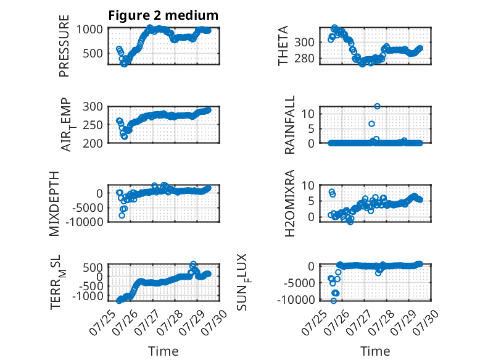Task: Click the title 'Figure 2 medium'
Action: pos(163,15)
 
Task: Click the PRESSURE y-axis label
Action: pos(64,46)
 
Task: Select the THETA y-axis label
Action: pos(283,46)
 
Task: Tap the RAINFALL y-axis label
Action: pos(289,125)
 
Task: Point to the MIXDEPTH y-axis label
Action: pos(54,203)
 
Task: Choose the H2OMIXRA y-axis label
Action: pos(289,203)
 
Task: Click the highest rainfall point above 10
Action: pos(377,106)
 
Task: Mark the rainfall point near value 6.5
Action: pos(371,123)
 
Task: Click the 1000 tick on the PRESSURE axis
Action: pos(89,30)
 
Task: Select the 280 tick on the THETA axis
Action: pos(305,58)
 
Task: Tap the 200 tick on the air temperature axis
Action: pos(93,143)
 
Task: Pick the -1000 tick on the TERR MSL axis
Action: pos(88,296)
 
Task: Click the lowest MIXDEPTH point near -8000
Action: pos(122,216)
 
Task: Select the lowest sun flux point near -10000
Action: pos(334,301)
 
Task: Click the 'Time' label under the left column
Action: pos(163,351)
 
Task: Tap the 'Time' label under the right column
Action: pos(375,351)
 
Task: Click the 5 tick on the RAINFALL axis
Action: pos(312,128)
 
